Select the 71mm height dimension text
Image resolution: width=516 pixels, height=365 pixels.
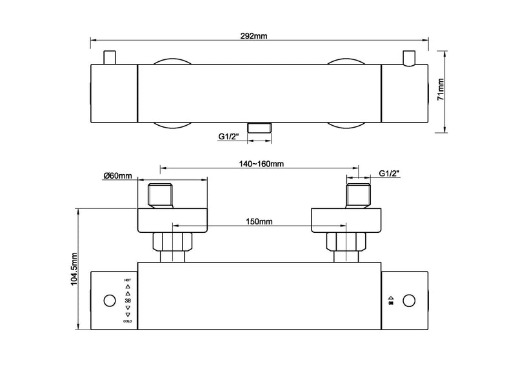[442, 91]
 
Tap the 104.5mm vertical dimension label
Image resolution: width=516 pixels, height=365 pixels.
[74, 268]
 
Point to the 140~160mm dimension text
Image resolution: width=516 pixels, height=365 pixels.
[257, 164]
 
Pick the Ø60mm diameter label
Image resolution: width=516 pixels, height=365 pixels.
[117, 175]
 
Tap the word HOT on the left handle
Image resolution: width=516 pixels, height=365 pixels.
[126, 281]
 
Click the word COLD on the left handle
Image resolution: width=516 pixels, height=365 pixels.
[126, 321]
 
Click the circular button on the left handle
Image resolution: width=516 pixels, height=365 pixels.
[108, 301]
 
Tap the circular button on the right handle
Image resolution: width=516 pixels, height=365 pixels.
[408, 300]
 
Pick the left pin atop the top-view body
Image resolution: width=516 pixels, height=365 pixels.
[110, 57]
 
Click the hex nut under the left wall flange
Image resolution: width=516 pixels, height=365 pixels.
[171, 242]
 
